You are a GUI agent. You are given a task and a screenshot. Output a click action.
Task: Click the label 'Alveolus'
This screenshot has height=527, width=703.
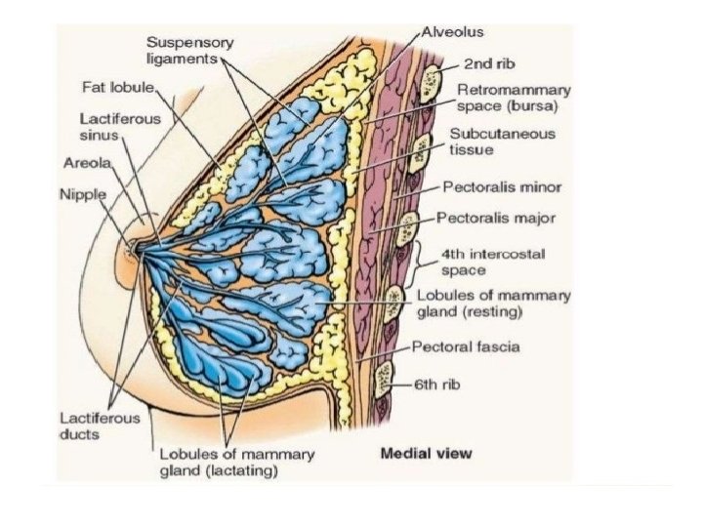point(453,31)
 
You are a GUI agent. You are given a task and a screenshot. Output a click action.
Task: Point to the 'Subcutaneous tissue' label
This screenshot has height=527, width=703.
point(489,142)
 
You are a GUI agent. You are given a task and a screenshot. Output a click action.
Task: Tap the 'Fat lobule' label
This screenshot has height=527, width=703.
point(118,87)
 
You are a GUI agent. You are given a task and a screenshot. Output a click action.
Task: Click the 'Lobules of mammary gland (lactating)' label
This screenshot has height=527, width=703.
point(236,462)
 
